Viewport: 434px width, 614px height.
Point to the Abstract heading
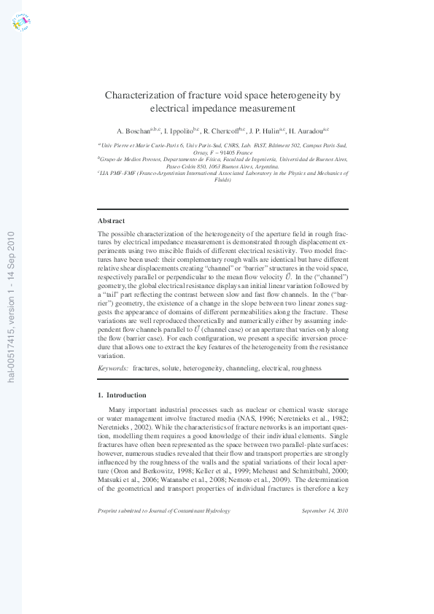pyautogui.click(x=111, y=220)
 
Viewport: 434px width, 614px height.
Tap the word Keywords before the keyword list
pyautogui.click(x=113, y=369)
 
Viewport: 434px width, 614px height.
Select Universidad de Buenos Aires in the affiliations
pyautogui.click(x=317, y=158)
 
